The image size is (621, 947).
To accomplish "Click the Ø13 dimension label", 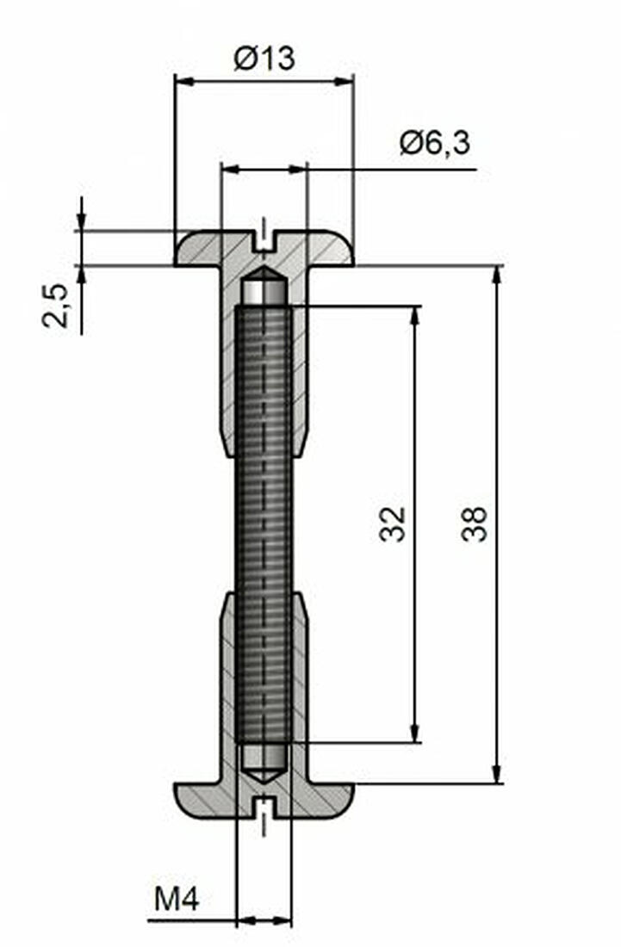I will (264, 59).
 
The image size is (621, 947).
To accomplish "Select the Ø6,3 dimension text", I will (435, 143).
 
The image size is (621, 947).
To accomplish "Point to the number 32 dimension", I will (392, 523).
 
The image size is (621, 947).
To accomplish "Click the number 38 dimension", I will (475, 523).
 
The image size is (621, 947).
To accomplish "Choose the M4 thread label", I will (177, 901).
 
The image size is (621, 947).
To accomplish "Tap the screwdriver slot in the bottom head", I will (264, 807).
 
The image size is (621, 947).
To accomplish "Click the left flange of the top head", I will (197, 249).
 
